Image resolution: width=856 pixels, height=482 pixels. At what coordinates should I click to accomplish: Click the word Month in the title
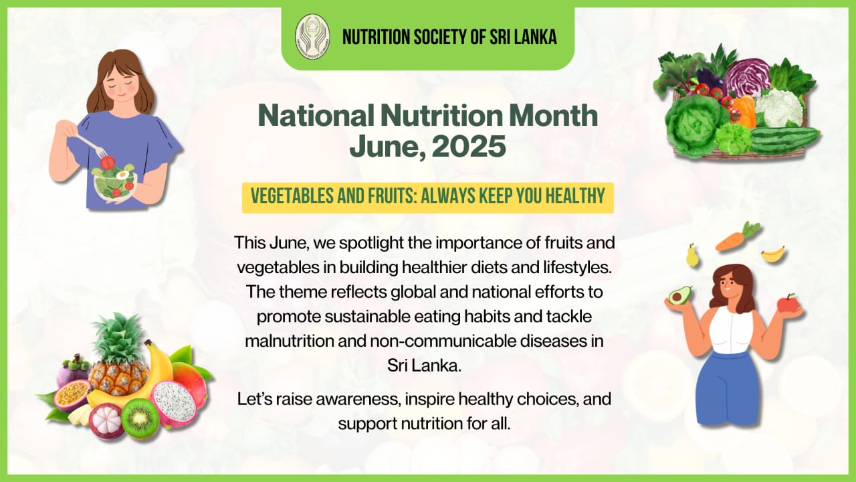[553, 116]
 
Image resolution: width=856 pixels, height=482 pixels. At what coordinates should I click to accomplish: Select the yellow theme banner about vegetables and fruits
[427, 197]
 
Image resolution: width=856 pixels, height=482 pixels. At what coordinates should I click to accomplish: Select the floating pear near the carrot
[692, 256]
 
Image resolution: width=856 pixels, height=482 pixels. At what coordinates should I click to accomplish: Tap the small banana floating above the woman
[773, 254]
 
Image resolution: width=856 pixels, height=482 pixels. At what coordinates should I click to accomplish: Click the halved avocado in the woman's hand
[680, 295]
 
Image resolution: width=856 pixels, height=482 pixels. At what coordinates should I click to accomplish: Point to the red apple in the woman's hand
[788, 303]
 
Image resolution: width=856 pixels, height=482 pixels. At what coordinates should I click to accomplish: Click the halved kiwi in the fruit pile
[140, 417]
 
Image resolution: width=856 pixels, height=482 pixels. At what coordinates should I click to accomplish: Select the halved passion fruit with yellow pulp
[72, 394]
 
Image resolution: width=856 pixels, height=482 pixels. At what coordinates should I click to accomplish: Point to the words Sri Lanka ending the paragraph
[424, 366]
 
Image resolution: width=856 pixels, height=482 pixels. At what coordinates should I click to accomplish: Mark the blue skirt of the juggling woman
[726, 388]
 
